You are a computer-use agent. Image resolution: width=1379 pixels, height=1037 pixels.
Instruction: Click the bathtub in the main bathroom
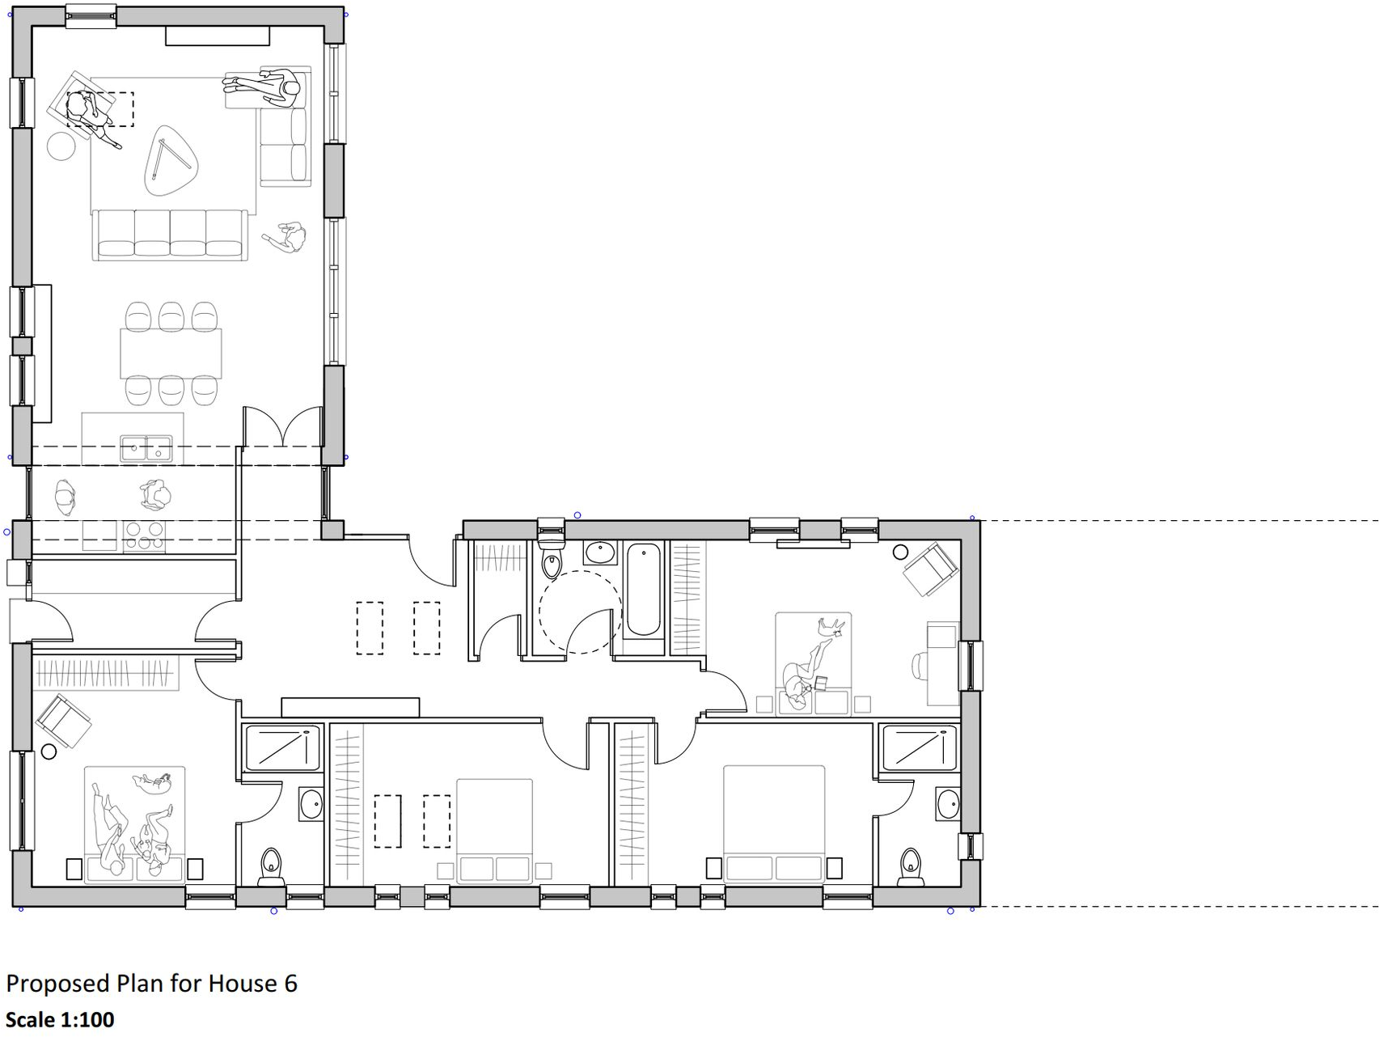[x=643, y=589]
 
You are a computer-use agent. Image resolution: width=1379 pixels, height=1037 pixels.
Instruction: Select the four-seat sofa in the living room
[x=170, y=235]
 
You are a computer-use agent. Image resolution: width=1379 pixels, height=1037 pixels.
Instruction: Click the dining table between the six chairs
[x=171, y=353]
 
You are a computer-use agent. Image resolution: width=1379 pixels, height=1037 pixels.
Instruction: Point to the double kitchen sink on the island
[x=146, y=448]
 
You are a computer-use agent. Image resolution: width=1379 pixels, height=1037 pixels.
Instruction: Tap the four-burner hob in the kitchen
[x=144, y=535]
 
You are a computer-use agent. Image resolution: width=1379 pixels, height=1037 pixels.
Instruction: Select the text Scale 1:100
[x=60, y=1019]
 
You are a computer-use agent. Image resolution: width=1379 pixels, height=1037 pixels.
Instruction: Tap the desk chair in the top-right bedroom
[x=920, y=667]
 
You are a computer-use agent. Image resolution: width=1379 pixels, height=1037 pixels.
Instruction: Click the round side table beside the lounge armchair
[x=61, y=146]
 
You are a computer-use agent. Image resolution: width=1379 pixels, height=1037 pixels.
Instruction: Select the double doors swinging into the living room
[x=283, y=426]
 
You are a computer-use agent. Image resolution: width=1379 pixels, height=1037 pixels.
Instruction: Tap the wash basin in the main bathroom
[x=599, y=553]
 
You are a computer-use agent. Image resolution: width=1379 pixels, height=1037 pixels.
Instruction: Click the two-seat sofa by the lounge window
[x=283, y=146]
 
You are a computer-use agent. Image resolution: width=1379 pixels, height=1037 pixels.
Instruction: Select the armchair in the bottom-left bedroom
[x=64, y=722]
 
